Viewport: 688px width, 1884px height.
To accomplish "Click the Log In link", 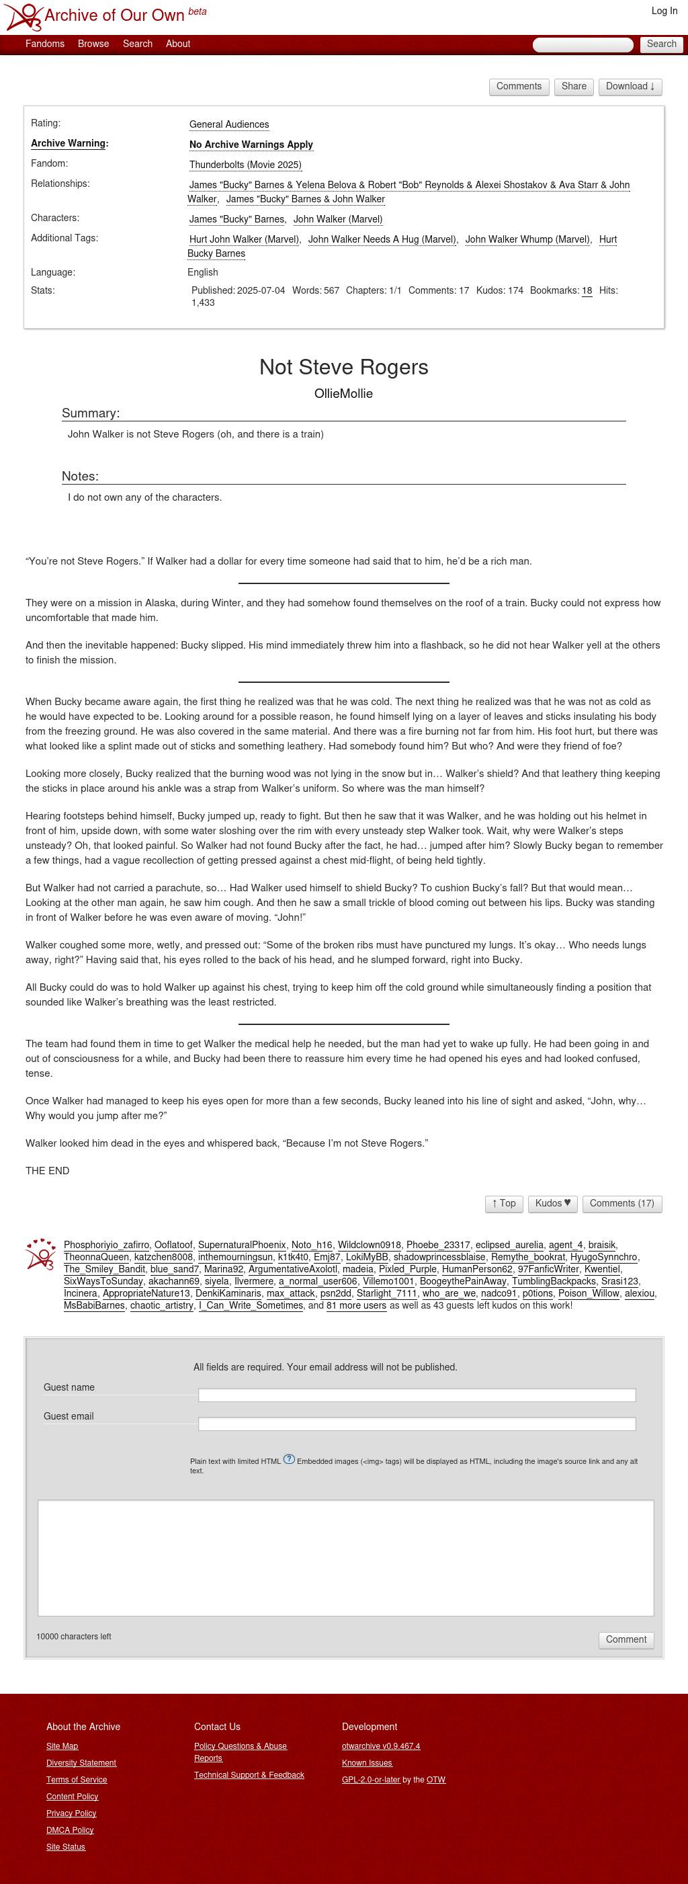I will tap(664, 11).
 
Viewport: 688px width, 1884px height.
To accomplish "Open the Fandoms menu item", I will tap(44, 44).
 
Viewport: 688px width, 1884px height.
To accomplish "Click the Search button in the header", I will tap(661, 44).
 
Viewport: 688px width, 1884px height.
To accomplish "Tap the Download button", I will tap(630, 86).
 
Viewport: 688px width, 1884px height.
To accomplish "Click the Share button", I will tap(573, 86).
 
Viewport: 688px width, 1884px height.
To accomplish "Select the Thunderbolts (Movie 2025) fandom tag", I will tap(245, 165).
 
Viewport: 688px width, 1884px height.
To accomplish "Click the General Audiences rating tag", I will tap(229, 124).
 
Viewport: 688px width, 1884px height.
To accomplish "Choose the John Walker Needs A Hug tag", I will tap(382, 239).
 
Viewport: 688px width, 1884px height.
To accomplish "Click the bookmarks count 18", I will tap(587, 290).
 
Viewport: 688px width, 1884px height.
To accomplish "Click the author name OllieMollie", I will tap(343, 393).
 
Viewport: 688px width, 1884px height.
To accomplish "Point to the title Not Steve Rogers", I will tap(343, 367).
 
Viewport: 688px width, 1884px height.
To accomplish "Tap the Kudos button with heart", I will tap(552, 1203).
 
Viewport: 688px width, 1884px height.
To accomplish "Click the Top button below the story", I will tap(504, 1203).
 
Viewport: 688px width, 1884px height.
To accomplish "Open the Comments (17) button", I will tap(621, 1203).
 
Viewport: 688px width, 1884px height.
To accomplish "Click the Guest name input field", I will tap(416, 1395).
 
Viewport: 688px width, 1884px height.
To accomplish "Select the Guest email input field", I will tap(416, 1423).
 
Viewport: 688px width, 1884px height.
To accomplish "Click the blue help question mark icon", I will tap(289, 1459).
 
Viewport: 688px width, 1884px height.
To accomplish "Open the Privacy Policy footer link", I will tap(71, 1813).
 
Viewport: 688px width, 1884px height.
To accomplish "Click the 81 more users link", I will tap(356, 1305).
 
